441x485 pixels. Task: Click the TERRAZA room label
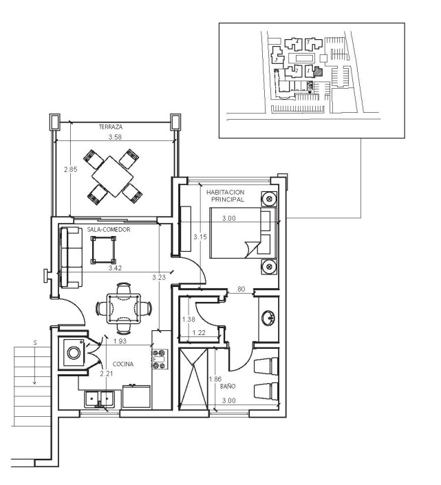point(111,127)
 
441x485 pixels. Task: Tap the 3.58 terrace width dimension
point(115,137)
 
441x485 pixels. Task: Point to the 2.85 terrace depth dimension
point(70,169)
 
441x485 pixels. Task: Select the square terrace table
point(113,176)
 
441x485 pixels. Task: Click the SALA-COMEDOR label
point(109,230)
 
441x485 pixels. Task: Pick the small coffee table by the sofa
point(103,250)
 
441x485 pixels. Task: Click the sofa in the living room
point(72,257)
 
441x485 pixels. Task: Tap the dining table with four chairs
point(123,308)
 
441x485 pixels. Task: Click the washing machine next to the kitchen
point(74,353)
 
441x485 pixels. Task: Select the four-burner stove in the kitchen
point(160,359)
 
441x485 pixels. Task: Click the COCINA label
point(123,364)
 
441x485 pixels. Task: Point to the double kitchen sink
point(99,399)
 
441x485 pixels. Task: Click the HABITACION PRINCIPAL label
point(226,196)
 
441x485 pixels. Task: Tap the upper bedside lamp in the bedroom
point(269,199)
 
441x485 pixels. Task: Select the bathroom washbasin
point(268,318)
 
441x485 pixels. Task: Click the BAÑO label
point(228,386)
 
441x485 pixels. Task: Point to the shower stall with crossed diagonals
point(193,379)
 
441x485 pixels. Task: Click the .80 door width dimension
point(240,289)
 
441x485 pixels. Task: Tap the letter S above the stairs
point(35,343)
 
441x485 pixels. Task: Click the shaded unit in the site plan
point(319,72)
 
